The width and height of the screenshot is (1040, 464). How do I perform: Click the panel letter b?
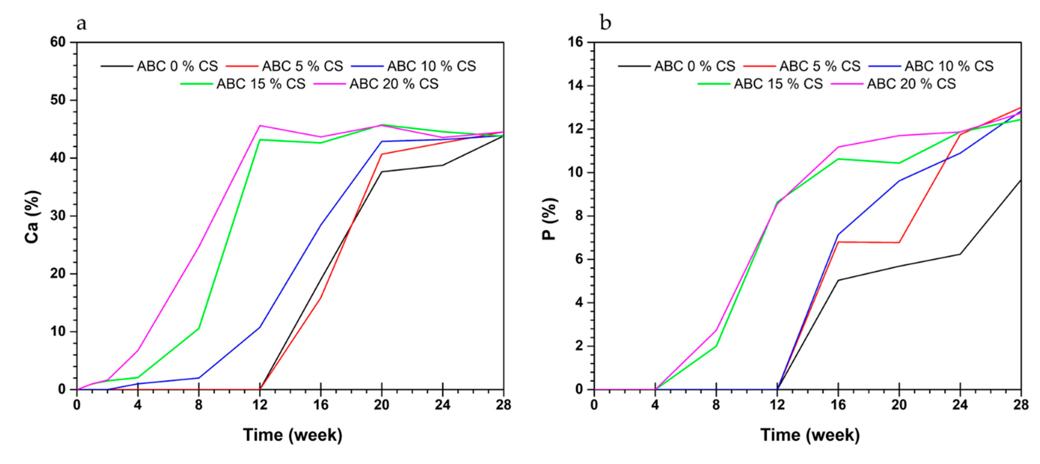coord(605,23)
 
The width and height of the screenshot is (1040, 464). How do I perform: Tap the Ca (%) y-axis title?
coord(32,217)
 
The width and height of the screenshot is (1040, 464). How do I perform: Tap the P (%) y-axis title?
coord(549,219)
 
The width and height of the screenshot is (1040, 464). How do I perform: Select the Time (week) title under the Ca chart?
coord(292,435)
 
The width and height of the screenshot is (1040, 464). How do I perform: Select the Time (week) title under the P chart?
coord(810,435)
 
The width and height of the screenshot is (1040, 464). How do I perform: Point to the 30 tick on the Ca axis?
coord(58,216)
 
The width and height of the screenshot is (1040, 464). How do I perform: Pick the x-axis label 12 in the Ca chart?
coord(260,405)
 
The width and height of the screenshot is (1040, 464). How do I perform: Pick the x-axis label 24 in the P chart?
coord(960,405)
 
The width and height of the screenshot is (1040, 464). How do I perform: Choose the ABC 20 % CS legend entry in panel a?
coord(394,84)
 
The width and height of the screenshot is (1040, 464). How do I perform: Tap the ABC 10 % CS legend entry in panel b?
coord(949,66)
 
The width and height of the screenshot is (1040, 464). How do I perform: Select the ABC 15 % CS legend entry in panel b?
coord(778,84)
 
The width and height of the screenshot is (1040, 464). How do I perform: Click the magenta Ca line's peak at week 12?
coord(260,126)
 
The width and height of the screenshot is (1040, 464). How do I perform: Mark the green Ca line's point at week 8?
coord(199,328)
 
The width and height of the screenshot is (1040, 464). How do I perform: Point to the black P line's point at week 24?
coord(960,254)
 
